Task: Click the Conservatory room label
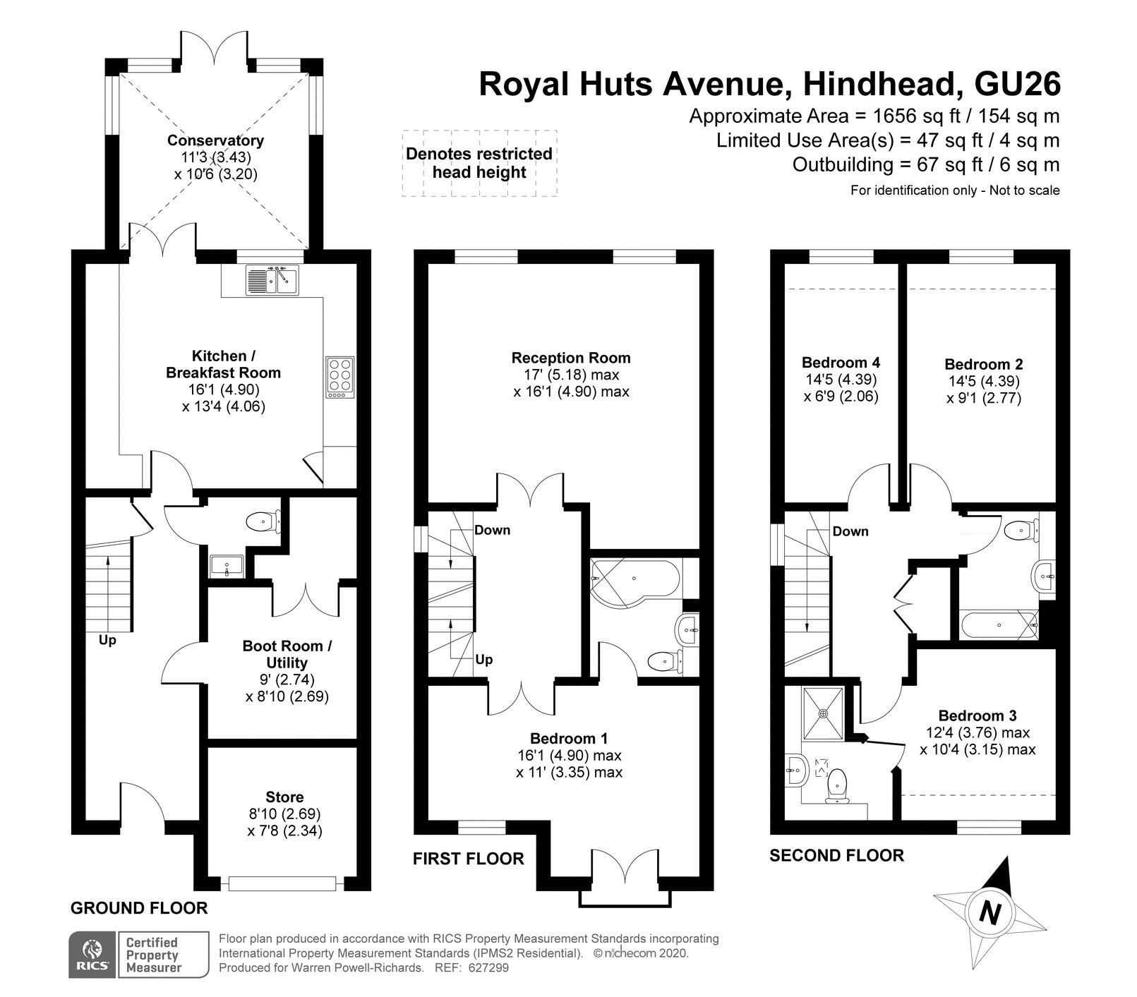215,140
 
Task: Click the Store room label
284,797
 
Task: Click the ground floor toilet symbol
264,523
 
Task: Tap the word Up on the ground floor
107,641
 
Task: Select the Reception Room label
571,358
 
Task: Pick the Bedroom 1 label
569,739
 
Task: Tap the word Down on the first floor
492,530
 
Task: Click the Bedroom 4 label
841,363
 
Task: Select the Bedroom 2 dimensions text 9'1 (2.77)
984,398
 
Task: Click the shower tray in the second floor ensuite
823,713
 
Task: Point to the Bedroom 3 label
977,715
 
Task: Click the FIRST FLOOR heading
468,859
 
